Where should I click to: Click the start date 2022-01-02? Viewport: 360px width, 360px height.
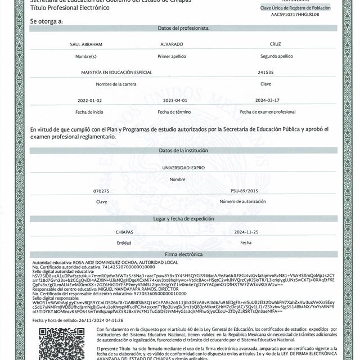[x=89, y=100]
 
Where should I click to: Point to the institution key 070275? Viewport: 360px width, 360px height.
[x=101, y=191]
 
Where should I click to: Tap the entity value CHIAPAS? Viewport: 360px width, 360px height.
[x=124, y=231]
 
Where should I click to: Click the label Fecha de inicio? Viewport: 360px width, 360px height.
[x=90, y=111]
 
